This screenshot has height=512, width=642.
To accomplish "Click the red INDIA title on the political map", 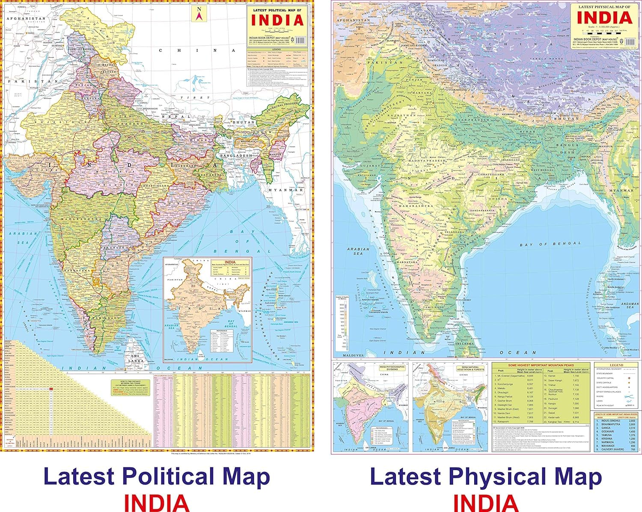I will point(277,20).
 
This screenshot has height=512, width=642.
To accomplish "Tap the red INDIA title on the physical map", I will point(604,18).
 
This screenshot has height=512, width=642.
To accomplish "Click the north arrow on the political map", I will point(198,14).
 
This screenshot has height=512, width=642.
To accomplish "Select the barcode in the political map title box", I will point(301,40).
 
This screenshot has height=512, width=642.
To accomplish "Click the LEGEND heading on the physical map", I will point(616,365).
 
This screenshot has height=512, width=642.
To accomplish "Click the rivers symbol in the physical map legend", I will point(628,396).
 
